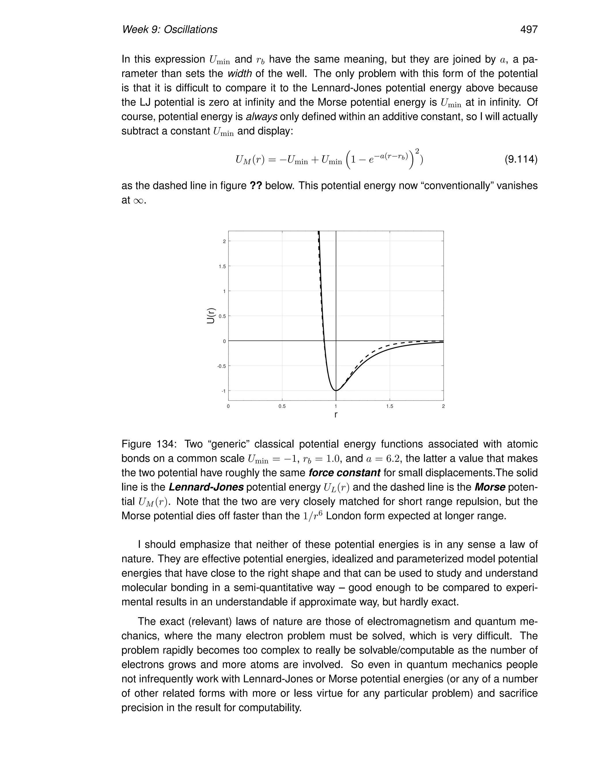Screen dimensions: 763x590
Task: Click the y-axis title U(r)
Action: (x=211, y=316)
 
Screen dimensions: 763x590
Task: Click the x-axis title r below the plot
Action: (x=336, y=415)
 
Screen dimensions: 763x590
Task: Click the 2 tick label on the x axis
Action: (x=443, y=406)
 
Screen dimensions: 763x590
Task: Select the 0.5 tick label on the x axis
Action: (x=282, y=406)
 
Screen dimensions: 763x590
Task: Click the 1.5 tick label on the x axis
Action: (x=389, y=406)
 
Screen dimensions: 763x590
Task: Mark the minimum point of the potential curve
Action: (x=336, y=390)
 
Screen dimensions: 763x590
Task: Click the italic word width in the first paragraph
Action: (x=239, y=74)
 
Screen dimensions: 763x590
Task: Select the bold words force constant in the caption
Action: (x=344, y=473)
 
